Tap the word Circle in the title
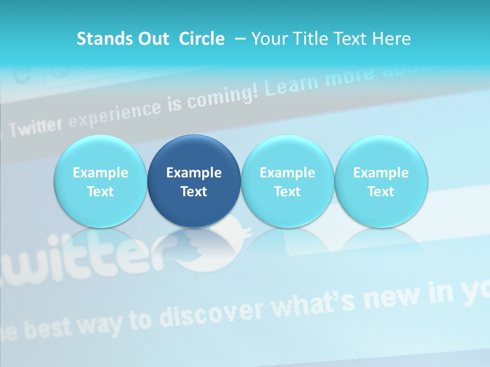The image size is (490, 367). (x=202, y=39)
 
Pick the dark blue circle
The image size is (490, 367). (x=194, y=181)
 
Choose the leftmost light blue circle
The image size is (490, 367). (x=101, y=181)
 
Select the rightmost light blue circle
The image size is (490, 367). (x=381, y=181)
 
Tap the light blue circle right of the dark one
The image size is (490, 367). (x=287, y=181)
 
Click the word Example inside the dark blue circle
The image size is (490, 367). (x=194, y=173)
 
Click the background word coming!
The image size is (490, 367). (x=220, y=97)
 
